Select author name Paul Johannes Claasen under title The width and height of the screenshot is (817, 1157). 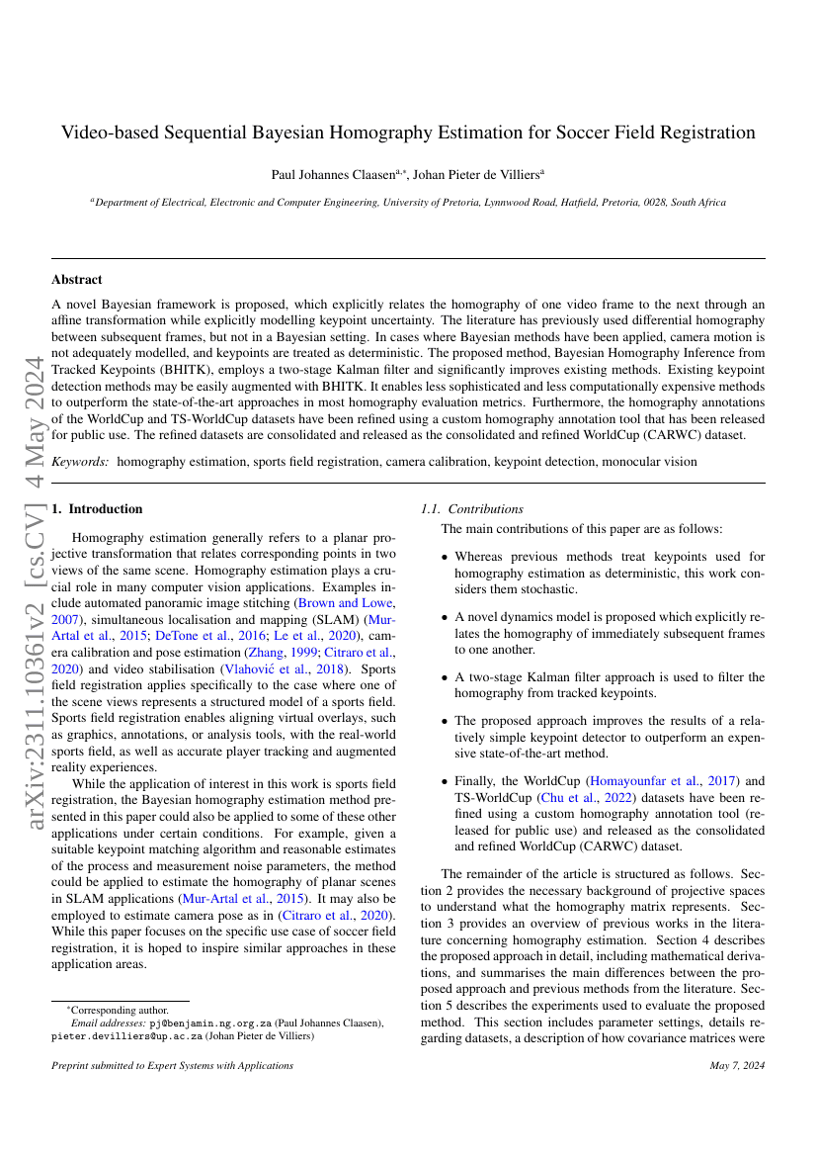click(x=327, y=174)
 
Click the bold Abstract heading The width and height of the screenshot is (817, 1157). click(x=77, y=280)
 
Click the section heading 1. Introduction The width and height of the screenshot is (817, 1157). click(x=97, y=509)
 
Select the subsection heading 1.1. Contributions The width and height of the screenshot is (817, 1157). click(x=472, y=509)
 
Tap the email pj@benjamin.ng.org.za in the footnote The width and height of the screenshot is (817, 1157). click(x=209, y=1023)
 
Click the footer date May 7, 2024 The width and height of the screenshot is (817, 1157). click(x=737, y=1066)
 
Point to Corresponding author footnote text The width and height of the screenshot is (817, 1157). click(x=118, y=1011)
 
